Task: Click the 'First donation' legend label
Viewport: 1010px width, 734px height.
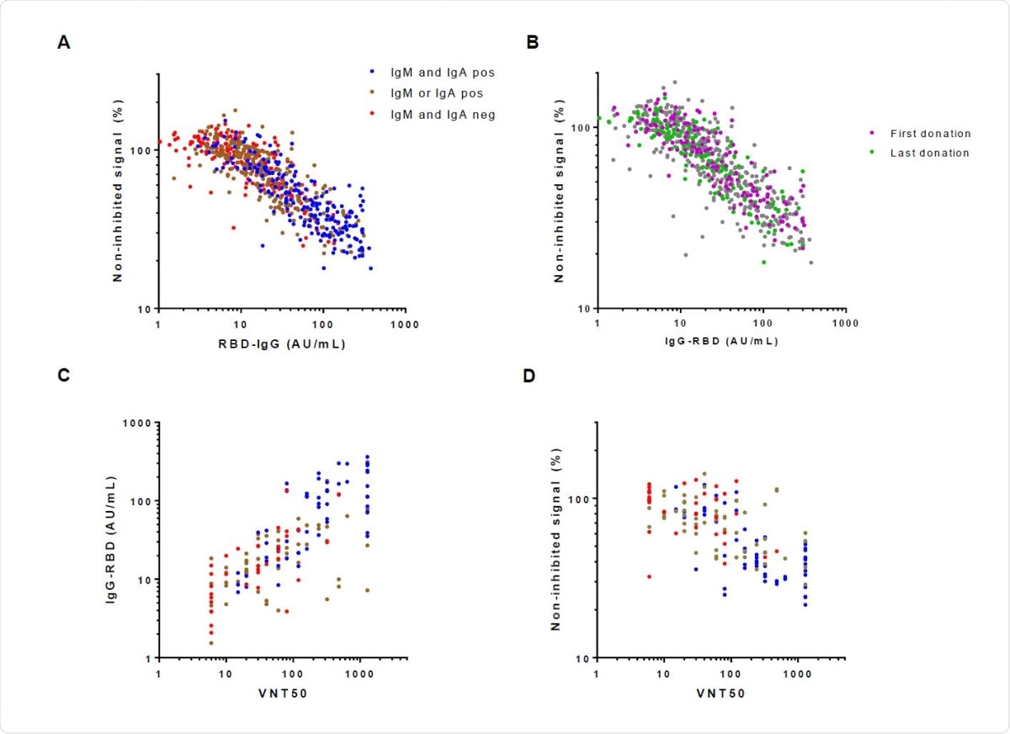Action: click(929, 133)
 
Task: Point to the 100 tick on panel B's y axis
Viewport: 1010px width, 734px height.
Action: click(578, 128)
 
